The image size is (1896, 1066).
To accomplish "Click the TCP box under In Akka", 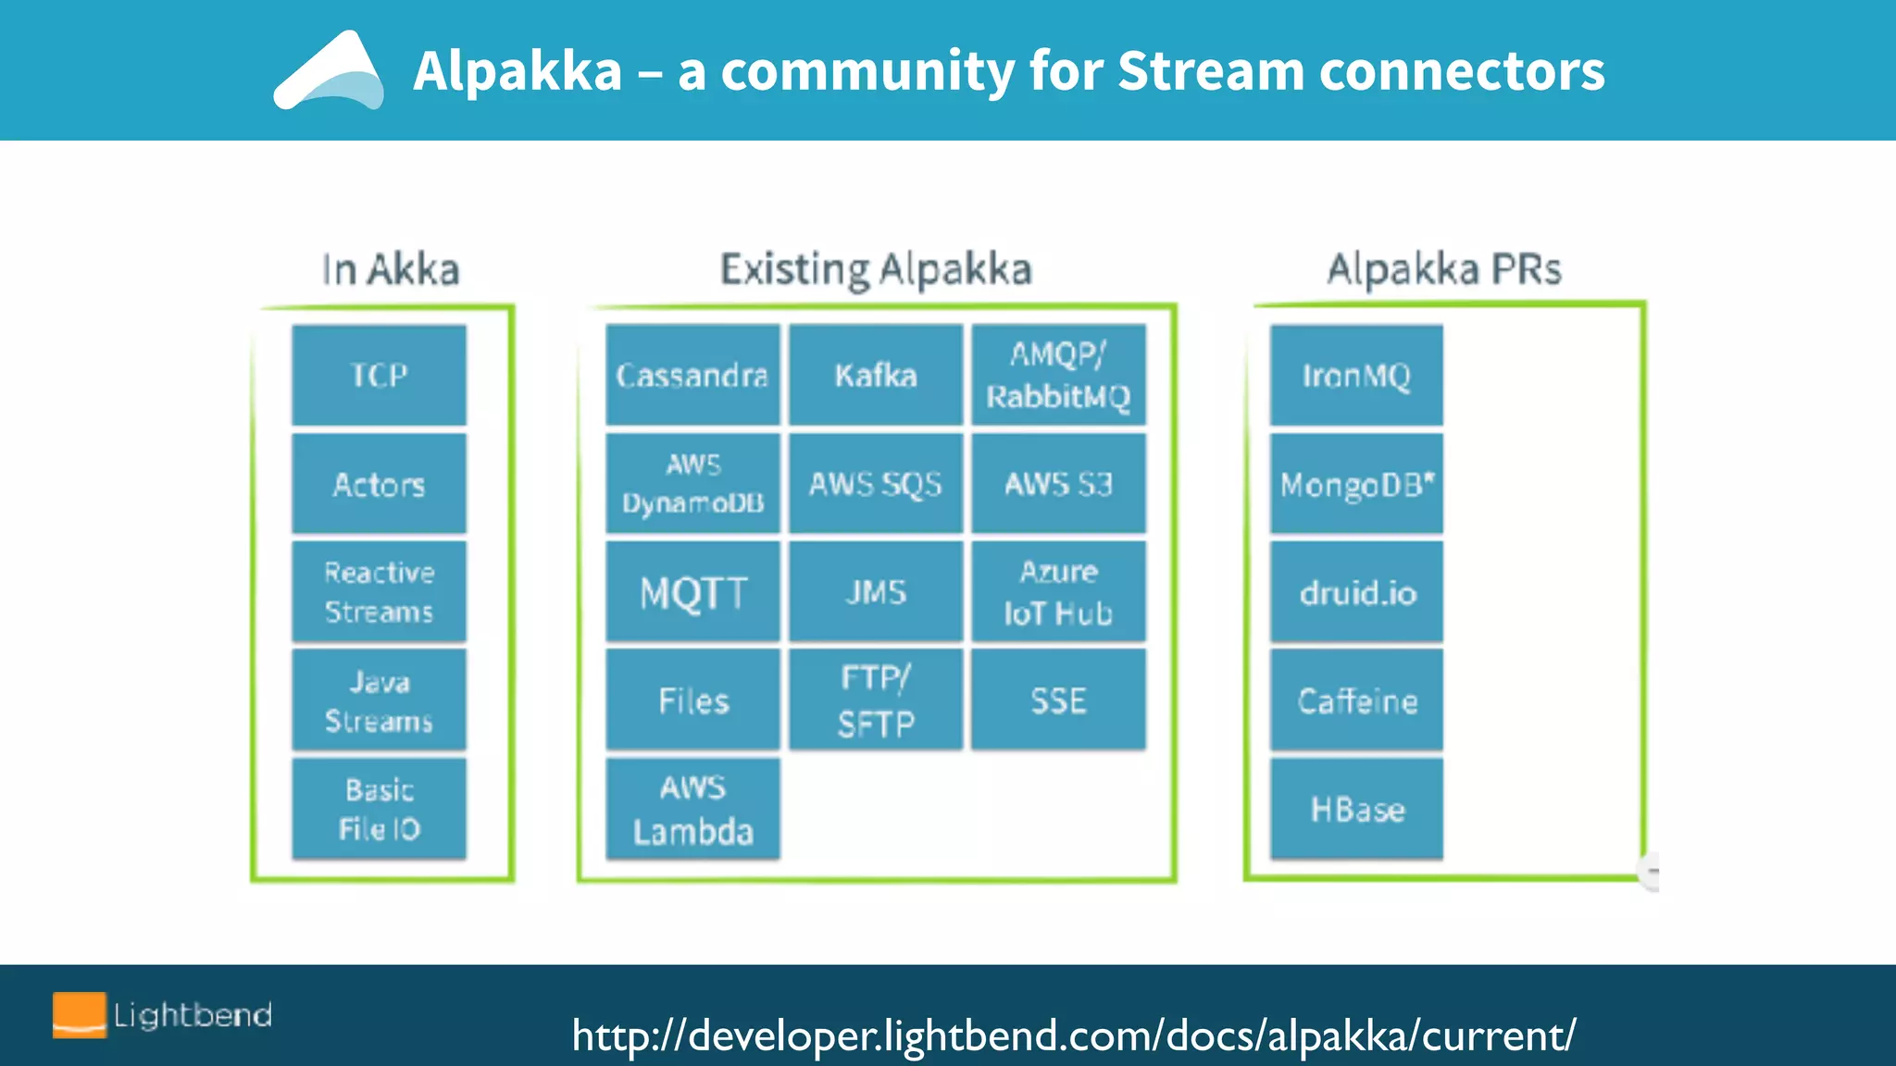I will pyautogui.click(x=379, y=375).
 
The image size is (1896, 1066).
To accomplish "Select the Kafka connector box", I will pyautogui.click(x=876, y=375).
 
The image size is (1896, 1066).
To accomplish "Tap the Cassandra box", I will pyautogui.click(x=692, y=375).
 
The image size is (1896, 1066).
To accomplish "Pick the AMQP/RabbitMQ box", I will pyautogui.click(x=1058, y=375).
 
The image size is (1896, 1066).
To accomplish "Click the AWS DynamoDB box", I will pyautogui.click(x=692, y=483).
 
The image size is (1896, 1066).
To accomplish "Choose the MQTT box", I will pyautogui.click(x=692, y=592).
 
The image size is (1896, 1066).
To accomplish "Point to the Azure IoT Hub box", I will pyautogui.click(x=1058, y=592).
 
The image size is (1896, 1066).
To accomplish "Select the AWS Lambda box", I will pyautogui.click(x=692, y=809).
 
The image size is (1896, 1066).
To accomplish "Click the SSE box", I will pyautogui.click(x=1058, y=700).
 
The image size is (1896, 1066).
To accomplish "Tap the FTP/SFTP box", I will pyautogui.click(x=876, y=700).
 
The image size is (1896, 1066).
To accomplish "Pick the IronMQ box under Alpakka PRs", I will pyautogui.click(x=1356, y=375).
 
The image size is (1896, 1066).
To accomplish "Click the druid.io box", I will pyautogui.click(x=1356, y=592).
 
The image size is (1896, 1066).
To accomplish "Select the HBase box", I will pyautogui.click(x=1356, y=809).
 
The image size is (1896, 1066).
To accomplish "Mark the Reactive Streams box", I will pyautogui.click(x=379, y=592).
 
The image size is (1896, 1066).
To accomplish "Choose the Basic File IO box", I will pyautogui.click(x=379, y=809).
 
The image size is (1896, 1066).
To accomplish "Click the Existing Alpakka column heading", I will pyautogui.click(x=876, y=269).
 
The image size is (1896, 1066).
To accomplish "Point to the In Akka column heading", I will pyautogui.click(x=390, y=269).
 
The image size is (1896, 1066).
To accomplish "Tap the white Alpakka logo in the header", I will pyautogui.click(x=330, y=72).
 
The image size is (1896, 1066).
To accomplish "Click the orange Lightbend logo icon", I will pyautogui.click(x=79, y=1015).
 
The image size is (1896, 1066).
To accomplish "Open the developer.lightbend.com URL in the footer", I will pyautogui.click(x=1074, y=1035).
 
